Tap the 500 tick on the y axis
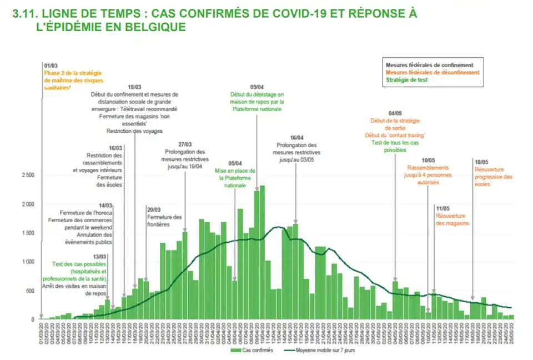point(30,291)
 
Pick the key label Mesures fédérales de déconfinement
point(432,72)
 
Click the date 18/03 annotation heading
point(134,87)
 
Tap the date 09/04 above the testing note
point(257,87)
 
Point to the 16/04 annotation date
point(296,138)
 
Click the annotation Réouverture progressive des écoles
point(493,177)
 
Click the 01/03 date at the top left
point(51,66)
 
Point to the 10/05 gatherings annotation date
point(428,160)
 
